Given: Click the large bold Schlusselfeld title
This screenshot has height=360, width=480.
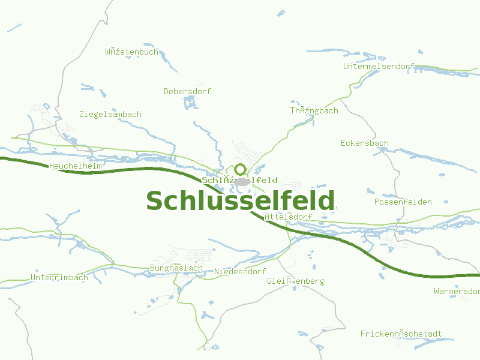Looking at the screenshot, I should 240,201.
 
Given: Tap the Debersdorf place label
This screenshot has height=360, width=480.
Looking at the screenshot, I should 187,92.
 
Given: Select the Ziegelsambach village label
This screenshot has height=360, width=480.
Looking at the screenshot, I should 110,115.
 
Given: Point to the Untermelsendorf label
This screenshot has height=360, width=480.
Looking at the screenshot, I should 379,67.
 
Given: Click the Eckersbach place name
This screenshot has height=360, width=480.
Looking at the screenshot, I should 364,143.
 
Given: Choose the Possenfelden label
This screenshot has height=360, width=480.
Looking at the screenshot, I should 403,202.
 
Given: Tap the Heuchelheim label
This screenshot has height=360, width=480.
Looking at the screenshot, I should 76,165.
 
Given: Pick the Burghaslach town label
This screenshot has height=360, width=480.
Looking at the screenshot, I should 176,268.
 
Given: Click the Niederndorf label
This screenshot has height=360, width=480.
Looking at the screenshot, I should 240,272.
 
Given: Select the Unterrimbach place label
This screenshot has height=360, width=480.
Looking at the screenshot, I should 59,278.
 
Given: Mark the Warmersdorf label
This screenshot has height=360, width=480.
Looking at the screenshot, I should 457,292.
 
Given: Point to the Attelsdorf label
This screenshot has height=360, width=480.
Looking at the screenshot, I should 289,217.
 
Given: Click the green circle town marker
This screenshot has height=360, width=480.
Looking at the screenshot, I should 240,169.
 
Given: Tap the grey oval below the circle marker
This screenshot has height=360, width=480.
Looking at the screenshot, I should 242,181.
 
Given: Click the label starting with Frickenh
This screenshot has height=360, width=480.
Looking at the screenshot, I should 401,334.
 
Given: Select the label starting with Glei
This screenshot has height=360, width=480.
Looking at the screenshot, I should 295,281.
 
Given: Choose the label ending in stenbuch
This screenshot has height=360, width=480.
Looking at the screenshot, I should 131,52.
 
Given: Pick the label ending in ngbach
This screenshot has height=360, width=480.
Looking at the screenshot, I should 314,111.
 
